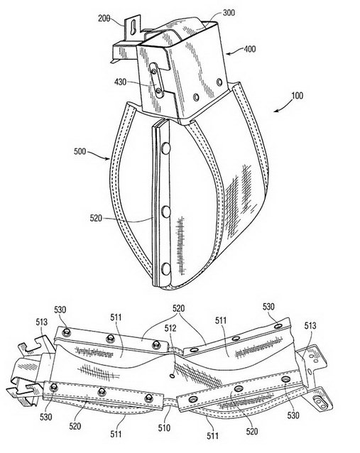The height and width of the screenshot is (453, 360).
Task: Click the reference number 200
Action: (104, 18)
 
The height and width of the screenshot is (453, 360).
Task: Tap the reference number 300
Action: (229, 12)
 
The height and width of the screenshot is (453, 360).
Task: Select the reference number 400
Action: (250, 49)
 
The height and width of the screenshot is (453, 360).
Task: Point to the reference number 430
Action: (120, 82)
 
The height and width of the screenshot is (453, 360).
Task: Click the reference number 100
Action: (297, 95)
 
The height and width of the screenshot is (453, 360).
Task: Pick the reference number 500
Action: (80, 151)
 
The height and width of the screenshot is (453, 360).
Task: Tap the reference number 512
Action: (170, 328)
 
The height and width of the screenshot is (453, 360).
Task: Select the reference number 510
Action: (164, 427)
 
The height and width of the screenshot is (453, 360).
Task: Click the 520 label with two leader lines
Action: (178, 308)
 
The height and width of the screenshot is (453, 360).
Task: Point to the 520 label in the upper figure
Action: (96, 218)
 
